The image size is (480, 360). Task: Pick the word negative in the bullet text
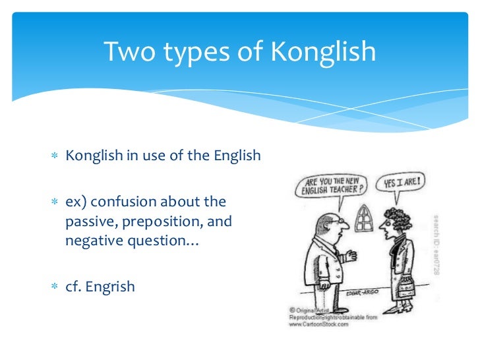(92, 241)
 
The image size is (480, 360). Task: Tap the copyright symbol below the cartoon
(292, 309)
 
